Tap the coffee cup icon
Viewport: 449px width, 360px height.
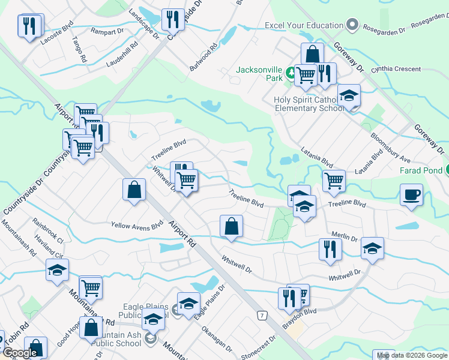(411, 195)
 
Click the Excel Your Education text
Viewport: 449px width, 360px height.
(304, 26)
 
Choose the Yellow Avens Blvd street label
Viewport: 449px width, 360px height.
(137, 226)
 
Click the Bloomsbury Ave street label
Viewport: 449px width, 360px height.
(390, 151)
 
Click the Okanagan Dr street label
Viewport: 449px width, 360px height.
(216, 339)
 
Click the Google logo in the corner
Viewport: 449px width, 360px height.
(19, 353)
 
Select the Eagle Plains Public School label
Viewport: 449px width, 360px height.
(135, 310)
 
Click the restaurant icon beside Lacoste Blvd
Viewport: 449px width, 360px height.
(29, 26)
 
